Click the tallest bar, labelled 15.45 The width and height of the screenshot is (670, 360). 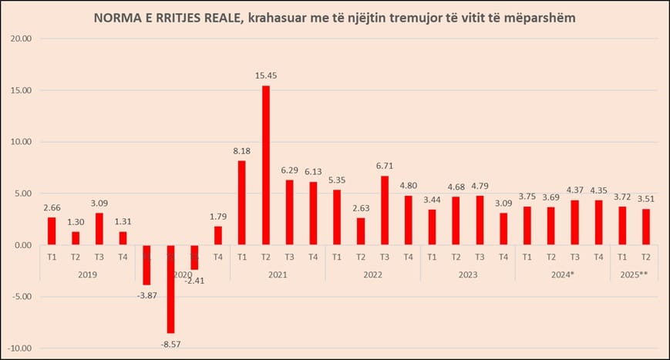click(x=266, y=165)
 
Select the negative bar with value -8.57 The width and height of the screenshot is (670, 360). click(x=170, y=289)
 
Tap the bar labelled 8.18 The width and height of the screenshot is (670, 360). click(x=242, y=203)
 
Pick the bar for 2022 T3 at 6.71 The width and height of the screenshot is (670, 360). click(x=385, y=210)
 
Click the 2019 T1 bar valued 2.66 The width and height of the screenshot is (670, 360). click(x=52, y=231)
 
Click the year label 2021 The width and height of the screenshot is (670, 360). click(x=277, y=274)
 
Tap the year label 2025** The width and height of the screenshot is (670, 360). click(x=634, y=274)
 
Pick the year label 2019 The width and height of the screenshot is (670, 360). click(x=87, y=274)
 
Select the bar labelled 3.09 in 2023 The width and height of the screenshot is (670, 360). click(x=503, y=229)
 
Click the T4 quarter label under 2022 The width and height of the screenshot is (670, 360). click(x=409, y=257)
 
